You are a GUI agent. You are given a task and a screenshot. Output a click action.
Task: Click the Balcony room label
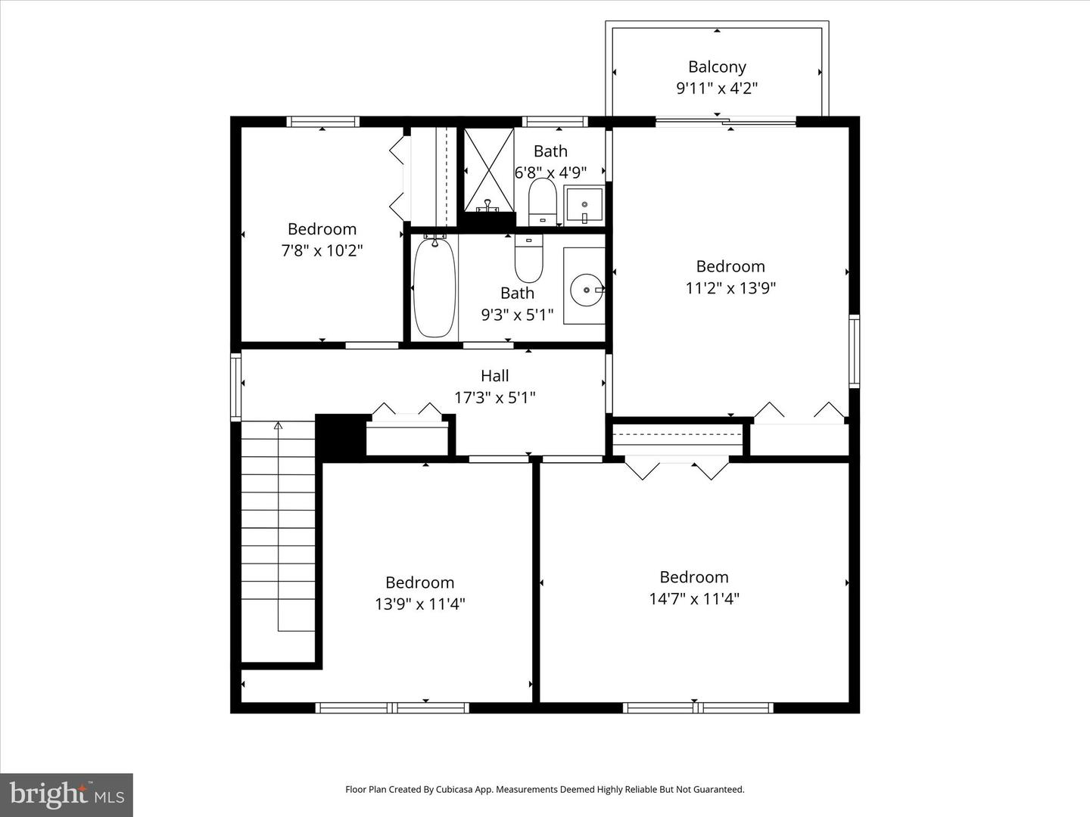coord(717,67)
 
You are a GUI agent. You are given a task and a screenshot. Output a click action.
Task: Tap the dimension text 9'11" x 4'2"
coord(717,89)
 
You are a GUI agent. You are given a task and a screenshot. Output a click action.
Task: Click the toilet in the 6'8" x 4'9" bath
coord(542,201)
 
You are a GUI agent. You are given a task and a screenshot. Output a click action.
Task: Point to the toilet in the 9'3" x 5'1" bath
coord(528,258)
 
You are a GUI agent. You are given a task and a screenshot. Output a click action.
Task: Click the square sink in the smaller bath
coord(584,205)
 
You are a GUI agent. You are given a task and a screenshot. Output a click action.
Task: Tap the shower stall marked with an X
coord(488,169)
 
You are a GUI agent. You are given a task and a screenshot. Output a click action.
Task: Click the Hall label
coord(494,376)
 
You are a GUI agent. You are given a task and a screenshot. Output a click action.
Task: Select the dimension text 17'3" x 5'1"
coord(494,397)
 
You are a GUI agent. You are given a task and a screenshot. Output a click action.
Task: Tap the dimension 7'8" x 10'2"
coord(322,250)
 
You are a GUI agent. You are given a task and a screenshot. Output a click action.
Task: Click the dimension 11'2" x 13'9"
coord(730,288)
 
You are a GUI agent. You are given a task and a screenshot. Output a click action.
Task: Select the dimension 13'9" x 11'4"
coord(419,604)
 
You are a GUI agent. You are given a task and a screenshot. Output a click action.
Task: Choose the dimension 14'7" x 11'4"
coord(694,598)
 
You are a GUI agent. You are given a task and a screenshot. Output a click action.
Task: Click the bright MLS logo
coord(67,794)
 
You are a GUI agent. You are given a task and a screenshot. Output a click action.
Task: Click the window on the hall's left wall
coord(235,386)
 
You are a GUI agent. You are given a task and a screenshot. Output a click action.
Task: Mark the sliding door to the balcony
coord(725,121)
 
